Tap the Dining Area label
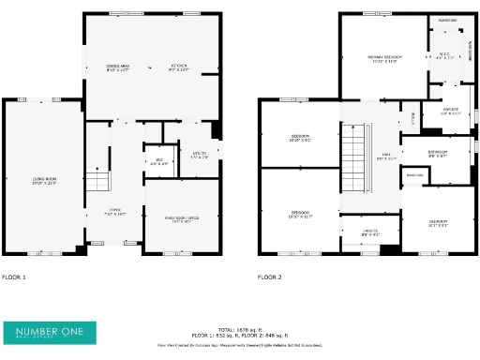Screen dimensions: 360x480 tap(117, 67)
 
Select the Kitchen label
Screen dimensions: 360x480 tap(179, 67)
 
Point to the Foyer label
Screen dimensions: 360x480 tap(114, 213)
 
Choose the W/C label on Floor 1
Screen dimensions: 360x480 tap(159, 161)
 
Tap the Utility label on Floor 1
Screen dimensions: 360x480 tap(199, 156)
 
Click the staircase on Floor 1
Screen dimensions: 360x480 tap(98, 181)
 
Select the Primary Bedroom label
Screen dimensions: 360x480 tap(384, 59)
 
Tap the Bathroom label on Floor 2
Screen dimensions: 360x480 tap(438, 153)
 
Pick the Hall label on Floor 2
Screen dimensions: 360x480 tap(381, 157)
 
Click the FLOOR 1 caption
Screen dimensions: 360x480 tap(14, 277)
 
